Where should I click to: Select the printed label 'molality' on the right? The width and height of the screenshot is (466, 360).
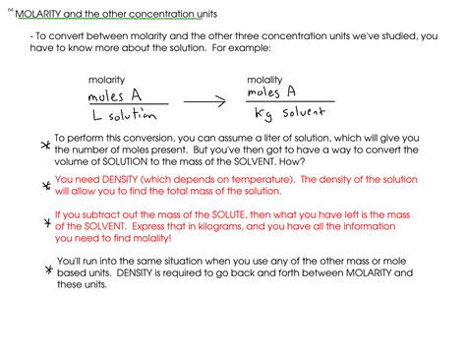tap(265, 78)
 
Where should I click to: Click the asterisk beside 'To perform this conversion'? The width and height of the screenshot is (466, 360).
tap(41, 146)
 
